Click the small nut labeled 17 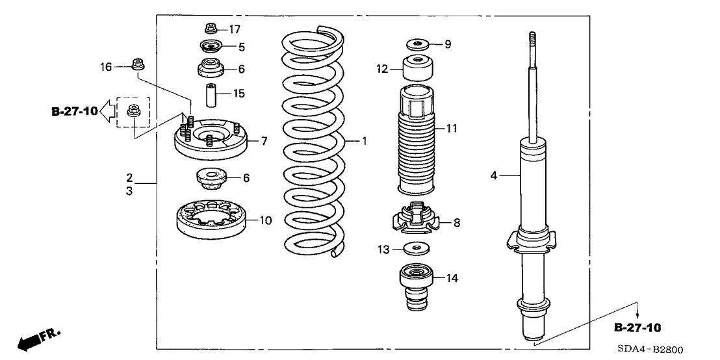coord(210,29)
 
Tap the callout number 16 coord(106,66)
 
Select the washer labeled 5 coord(210,47)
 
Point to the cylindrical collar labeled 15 coord(210,94)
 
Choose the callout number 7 coord(246,140)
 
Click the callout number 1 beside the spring coord(365,140)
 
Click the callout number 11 coord(452,129)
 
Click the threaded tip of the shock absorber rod coord(532,40)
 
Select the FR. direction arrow coord(38,339)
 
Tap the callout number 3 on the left coord(129,192)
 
